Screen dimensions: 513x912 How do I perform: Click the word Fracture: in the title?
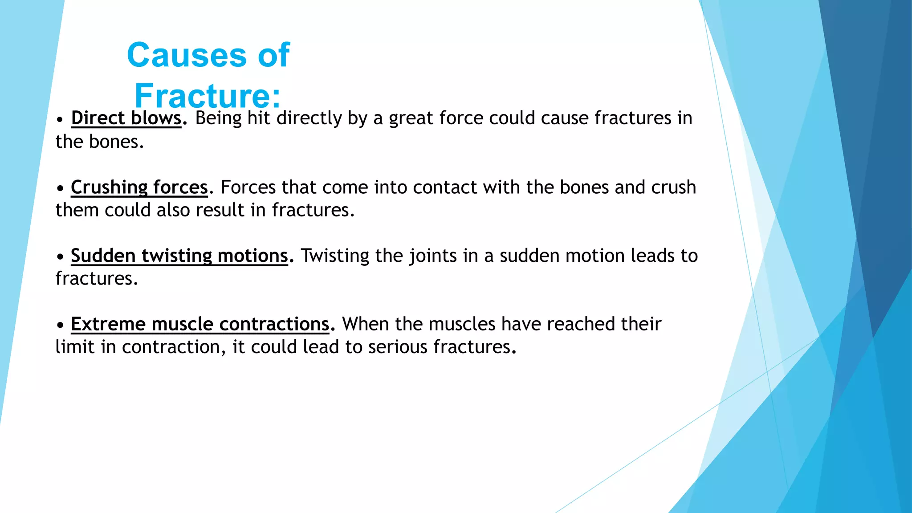(x=208, y=95)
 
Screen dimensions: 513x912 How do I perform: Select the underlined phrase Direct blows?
(x=126, y=118)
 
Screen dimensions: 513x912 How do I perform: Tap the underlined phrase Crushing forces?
(x=139, y=187)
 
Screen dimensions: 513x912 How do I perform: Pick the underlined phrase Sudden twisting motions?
(x=179, y=256)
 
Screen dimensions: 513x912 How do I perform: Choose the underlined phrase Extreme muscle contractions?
(x=200, y=324)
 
